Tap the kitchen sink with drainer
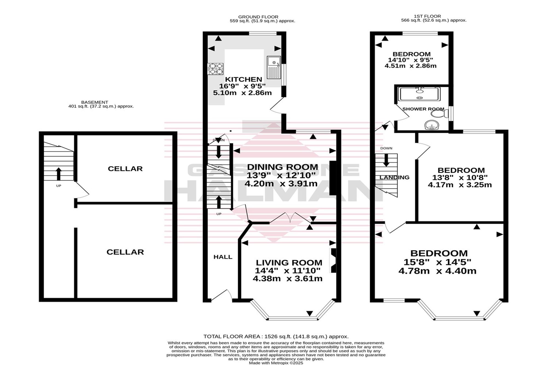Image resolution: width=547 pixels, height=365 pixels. click(x=274, y=67)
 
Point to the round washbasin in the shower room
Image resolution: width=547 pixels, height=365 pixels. click(x=432, y=126)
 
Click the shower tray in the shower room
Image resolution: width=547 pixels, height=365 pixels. click(x=420, y=94)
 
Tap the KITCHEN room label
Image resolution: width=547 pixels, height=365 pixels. click(x=243, y=79)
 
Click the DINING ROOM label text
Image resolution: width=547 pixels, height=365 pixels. click(x=283, y=167)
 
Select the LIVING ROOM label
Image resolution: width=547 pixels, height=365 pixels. click(x=289, y=263)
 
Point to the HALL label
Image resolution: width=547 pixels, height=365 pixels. click(x=223, y=257)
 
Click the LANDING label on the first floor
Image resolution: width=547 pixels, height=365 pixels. click(x=394, y=177)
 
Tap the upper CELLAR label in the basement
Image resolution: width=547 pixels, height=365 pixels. click(x=125, y=169)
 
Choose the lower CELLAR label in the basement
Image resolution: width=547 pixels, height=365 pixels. click(x=125, y=252)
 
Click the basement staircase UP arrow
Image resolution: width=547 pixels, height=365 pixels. click(x=59, y=174)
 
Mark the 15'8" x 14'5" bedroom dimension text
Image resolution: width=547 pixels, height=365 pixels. click(x=437, y=262)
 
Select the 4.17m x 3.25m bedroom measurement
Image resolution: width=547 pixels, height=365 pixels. click(x=460, y=185)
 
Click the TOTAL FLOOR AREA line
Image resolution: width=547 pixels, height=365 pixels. click(x=276, y=337)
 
